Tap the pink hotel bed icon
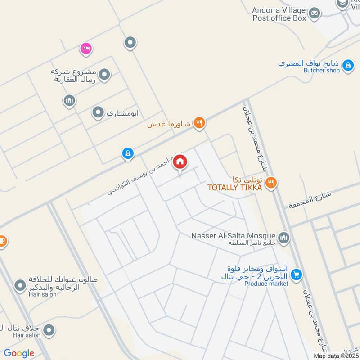coord(85,48)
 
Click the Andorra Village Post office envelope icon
coord(315,13)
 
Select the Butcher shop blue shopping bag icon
coord(347,66)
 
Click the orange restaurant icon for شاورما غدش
coord(199,122)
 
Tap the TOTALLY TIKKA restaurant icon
coord(271,182)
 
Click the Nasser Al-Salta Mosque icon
coord(284,237)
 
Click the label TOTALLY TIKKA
coord(234,188)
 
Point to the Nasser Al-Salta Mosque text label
coord(233,236)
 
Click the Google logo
coord(19,354)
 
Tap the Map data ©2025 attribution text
coord(335,355)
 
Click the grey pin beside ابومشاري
coord(98,112)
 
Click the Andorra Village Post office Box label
coord(279,14)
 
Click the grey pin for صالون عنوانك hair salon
coord(20,285)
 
